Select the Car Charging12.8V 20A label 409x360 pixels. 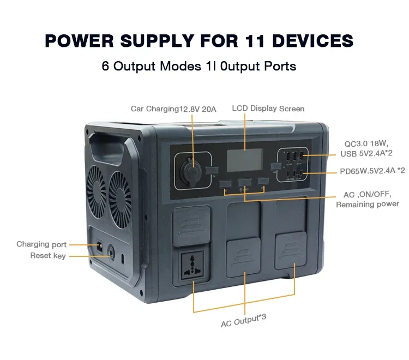pyautogui.click(x=173, y=109)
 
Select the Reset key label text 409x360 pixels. pyautogui.click(x=48, y=255)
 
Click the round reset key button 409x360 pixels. pyautogui.click(x=112, y=252)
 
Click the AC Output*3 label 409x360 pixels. pyautogui.click(x=243, y=321)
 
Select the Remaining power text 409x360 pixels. pyautogui.click(x=367, y=205)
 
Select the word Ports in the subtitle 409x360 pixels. pyautogui.click(x=280, y=67)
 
